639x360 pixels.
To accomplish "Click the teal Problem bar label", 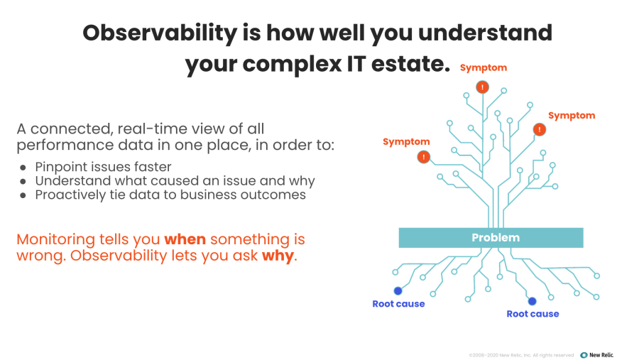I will tap(496, 238).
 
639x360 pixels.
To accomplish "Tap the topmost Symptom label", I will tap(484, 67).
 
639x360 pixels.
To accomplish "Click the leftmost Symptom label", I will tap(406, 142).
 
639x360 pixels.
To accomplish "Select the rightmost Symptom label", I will tap(572, 115).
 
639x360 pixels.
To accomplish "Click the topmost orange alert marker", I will tap(483, 87).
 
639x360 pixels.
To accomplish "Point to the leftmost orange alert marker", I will tap(424, 157).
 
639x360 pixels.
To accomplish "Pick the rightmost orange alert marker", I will tap(540, 129).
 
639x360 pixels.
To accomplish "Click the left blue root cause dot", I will tap(398, 290).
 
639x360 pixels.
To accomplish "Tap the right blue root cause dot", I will tap(532, 300).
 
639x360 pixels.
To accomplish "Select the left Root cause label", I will tap(398, 304).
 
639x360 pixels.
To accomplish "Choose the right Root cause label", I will tap(532, 314).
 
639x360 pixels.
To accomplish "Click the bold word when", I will tap(185, 239).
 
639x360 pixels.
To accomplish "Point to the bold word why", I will tap(278, 256).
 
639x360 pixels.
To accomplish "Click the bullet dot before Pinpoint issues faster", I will tap(23, 168).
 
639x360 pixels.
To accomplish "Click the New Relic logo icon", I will tap(584, 354).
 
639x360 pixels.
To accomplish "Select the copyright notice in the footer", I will tap(521, 354).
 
